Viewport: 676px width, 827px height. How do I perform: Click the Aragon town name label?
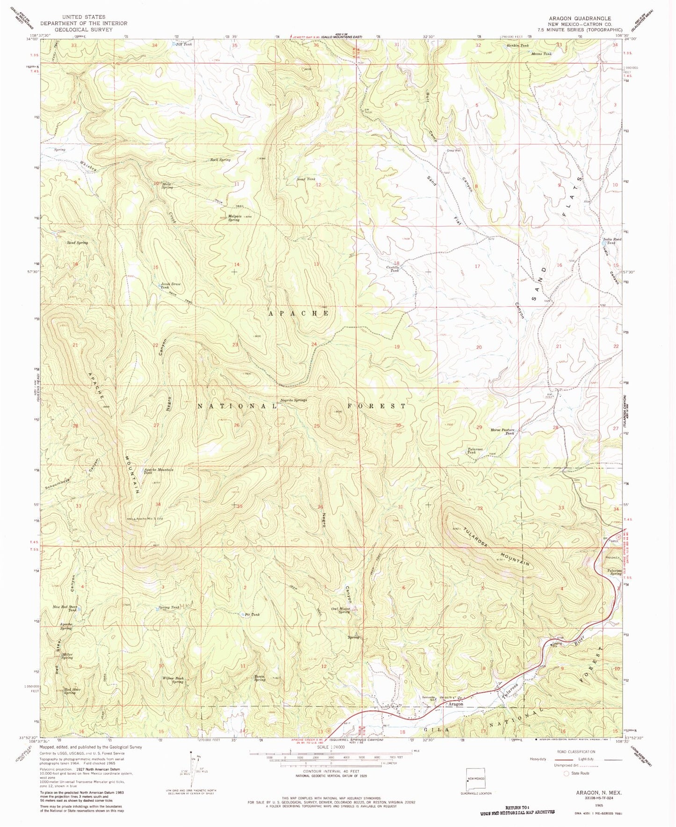click(456, 704)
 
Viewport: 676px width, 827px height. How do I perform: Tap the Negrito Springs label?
click(293, 400)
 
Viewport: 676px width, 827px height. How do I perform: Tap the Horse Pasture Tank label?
click(502, 431)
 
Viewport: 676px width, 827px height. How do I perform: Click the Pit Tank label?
click(252, 615)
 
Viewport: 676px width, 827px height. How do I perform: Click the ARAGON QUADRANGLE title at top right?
click(580, 18)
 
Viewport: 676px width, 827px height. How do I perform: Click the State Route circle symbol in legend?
click(567, 773)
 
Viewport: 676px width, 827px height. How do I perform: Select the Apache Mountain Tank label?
click(158, 471)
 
